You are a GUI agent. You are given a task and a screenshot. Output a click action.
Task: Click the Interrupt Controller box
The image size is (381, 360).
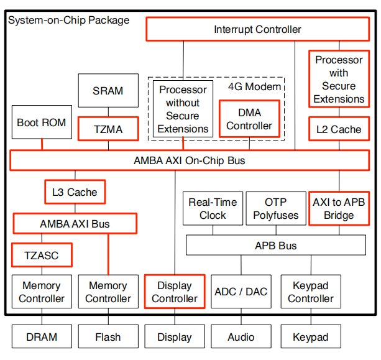pos(257,29)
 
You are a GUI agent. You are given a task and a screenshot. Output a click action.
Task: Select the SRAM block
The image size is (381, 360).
pos(108,91)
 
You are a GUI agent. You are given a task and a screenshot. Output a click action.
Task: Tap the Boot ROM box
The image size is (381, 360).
pos(41,122)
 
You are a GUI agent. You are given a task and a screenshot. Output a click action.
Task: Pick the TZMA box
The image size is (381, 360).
pos(108,129)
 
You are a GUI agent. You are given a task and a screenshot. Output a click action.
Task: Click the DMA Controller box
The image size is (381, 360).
pos(249,119)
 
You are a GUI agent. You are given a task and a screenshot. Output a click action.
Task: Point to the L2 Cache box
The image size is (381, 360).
pos(339,129)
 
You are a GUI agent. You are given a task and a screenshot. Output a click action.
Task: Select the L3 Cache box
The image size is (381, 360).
pos(74,192)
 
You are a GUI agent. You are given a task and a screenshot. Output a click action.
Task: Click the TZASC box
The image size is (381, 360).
pos(42,255)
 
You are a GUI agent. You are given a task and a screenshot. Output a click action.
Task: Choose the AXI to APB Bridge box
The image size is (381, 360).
pos(339,208)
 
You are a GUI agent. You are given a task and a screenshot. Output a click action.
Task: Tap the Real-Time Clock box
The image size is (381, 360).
pos(213,208)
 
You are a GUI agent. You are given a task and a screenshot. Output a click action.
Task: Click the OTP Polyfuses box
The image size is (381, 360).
pos(276,208)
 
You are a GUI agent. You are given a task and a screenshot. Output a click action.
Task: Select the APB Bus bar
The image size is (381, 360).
pos(276,246)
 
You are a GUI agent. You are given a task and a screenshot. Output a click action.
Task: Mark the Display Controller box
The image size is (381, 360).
pos(175,292)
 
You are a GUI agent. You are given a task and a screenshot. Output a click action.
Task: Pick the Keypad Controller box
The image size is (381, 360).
pos(310,292)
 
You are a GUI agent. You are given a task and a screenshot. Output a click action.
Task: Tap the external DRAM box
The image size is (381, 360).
pos(42,337)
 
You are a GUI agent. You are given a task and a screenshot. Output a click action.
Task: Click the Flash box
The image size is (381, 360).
pos(108,337)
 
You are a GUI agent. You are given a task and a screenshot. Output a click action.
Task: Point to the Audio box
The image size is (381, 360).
pos(241,337)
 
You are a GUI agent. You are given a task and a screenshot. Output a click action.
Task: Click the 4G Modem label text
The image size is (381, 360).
pos(254,86)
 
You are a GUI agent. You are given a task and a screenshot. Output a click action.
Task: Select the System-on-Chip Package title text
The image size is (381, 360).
pos(68,21)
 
